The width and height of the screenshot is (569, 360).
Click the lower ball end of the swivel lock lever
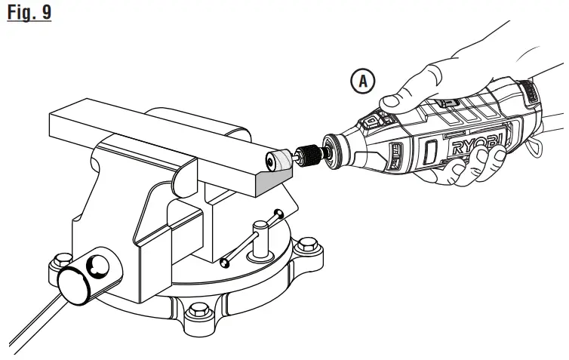224,262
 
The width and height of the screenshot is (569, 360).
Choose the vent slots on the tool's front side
393,158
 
